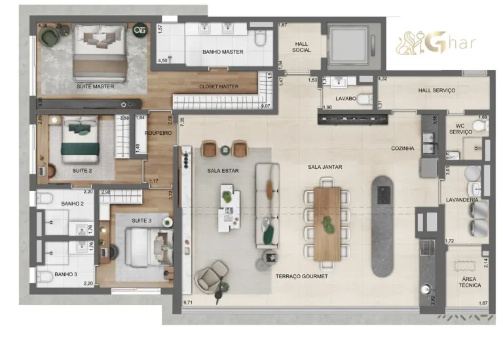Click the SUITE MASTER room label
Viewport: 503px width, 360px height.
(x=96, y=86)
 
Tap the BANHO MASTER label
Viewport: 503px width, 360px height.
(x=223, y=52)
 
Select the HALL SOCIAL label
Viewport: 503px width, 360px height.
(x=301, y=47)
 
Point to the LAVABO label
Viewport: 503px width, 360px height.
(x=345, y=98)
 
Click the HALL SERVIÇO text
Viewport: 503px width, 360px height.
(x=436, y=90)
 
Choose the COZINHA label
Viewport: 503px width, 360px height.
(x=403, y=149)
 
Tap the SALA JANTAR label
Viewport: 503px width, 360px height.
(x=326, y=167)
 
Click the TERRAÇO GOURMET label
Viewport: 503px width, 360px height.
(x=301, y=276)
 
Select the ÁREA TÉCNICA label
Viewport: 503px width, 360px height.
(x=470, y=281)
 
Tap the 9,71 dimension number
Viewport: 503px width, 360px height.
(x=190, y=303)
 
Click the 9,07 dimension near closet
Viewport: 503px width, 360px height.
(x=265, y=105)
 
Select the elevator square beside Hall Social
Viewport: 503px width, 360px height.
(x=350, y=44)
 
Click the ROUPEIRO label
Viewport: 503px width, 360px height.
(x=158, y=133)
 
